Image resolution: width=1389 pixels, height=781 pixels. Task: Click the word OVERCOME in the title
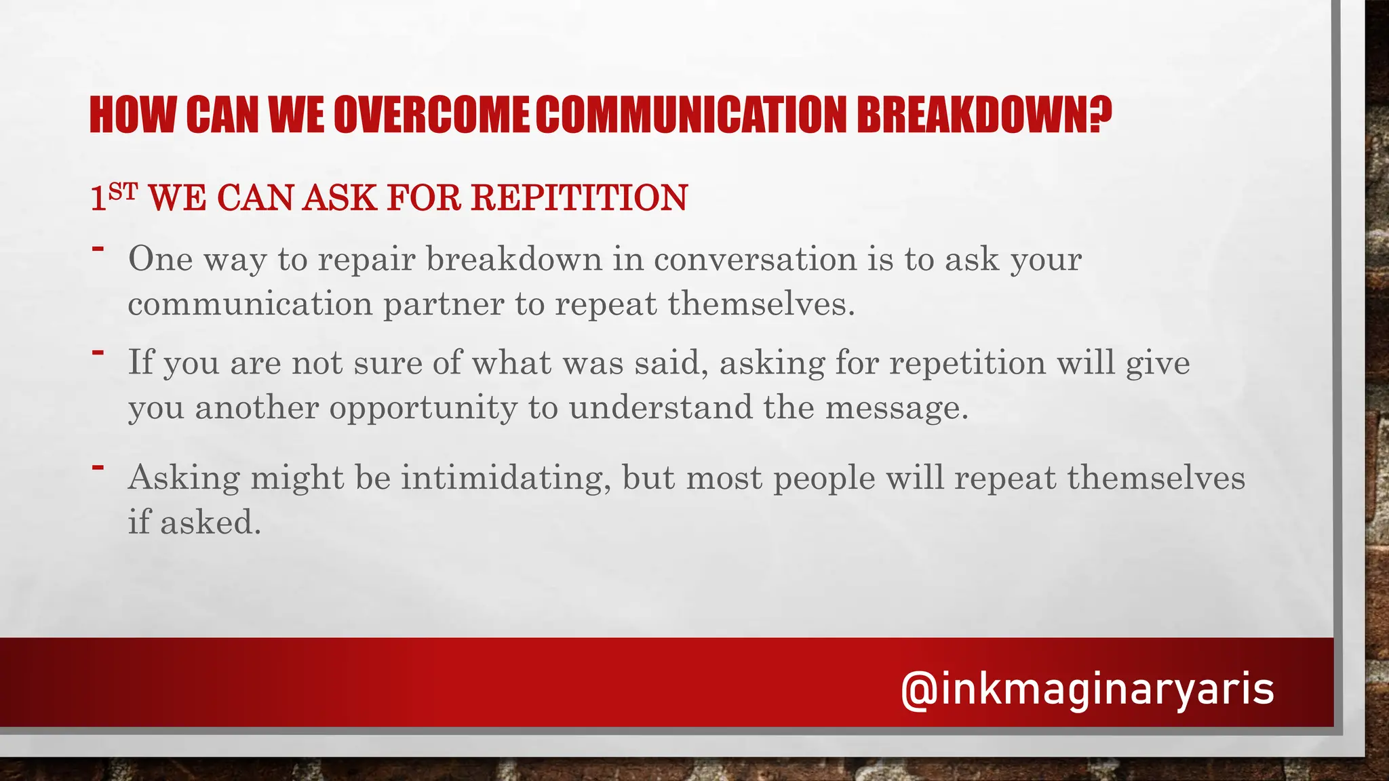tap(431, 115)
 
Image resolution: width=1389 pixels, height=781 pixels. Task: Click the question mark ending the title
tap(1100, 115)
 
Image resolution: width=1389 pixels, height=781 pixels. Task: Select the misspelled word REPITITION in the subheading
tap(579, 198)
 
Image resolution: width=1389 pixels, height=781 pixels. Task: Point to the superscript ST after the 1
tap(123, 192)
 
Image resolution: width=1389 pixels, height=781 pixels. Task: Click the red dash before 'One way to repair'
tap(98, 249)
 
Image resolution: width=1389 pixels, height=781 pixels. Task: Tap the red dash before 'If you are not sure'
tap(98, 353)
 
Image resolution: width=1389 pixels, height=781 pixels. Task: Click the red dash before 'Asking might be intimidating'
tap(98, 467)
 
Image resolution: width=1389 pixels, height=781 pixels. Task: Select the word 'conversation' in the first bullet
tap(755, 259)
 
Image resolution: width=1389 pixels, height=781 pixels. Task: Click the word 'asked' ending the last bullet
tap(210, 523)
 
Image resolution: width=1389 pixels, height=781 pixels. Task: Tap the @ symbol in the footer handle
tap(919, 690)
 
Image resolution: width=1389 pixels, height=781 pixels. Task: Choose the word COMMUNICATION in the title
tap(691, 115)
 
